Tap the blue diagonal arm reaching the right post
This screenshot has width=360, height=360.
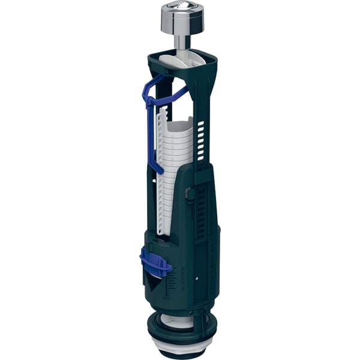point(175,95)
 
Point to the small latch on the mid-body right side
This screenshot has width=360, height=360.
point(189,194)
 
